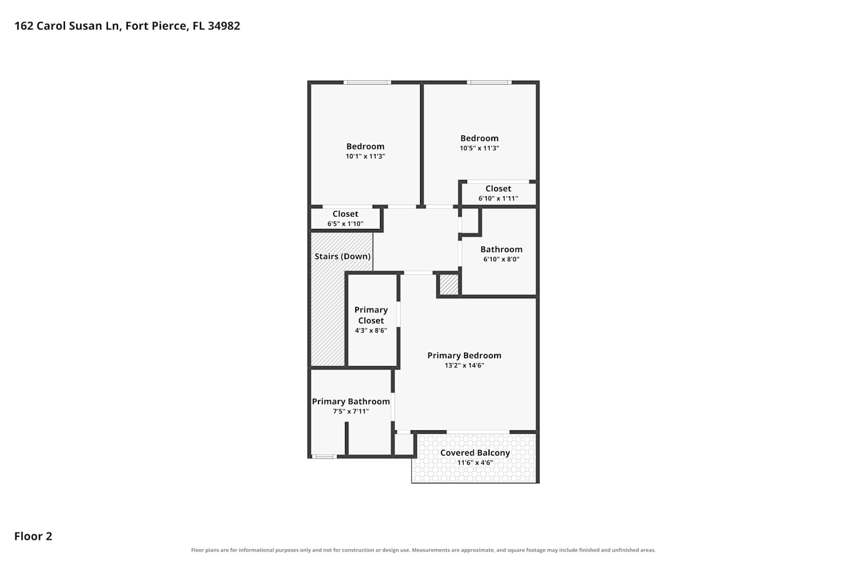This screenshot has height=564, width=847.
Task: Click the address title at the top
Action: pos(127,26)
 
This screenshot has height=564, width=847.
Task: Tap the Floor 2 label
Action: pos(33,536)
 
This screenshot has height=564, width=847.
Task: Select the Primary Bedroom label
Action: pos(464,355)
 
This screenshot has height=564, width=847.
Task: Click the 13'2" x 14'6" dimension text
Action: pos(464,365)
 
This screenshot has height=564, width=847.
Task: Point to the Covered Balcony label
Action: pos(475,453)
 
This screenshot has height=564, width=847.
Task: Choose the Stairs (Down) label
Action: pos(343,257)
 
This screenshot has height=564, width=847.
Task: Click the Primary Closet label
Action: pos(371,315)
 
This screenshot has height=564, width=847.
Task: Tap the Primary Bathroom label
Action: pos(351,402)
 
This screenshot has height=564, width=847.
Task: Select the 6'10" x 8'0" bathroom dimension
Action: pos(501,259)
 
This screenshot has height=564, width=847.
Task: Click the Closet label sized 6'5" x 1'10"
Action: pos(345,214)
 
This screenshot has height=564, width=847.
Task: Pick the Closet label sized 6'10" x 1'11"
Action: pos(498,188)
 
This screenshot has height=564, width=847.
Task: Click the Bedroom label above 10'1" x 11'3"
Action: pos(365,147)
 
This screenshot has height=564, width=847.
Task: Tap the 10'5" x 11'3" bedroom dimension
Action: pos(479,148)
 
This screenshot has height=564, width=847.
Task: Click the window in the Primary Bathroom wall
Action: pos(324,457)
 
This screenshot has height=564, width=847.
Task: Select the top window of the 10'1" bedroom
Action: pos(367,82)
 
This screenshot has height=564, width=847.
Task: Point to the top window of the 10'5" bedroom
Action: pos(489,82)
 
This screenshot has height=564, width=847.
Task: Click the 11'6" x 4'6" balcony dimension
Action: pos(475,462)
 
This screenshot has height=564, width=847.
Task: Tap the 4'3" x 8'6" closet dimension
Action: pos(371,331)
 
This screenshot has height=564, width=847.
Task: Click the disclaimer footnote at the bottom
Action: pos(423,550)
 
